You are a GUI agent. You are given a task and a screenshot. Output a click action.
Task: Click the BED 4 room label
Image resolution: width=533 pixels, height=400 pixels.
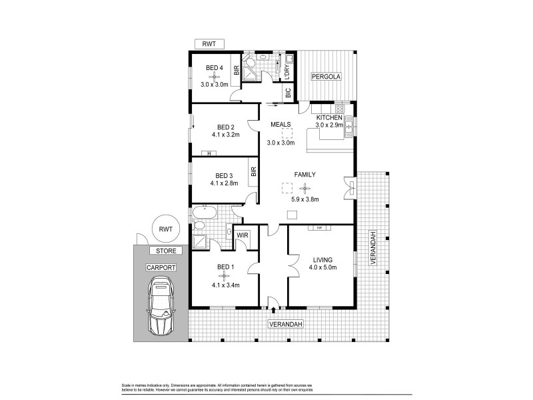pyautogui.click(x=215, y=67)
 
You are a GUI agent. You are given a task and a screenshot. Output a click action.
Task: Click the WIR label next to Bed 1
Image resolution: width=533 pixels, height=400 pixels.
pyautogui.click(x=243, y=235)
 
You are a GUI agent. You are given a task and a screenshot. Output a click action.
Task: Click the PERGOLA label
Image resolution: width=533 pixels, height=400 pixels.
pyautogui.click(x=326, y=77)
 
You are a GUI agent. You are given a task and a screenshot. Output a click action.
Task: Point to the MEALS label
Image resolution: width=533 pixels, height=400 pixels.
pyautogui.click(x=280, y=125)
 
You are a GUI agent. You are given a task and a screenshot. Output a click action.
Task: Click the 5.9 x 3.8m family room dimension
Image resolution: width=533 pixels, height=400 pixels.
pyautogui.click(x=304, y=199)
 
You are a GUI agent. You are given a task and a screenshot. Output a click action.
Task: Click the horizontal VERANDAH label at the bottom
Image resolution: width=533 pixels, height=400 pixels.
pyautogui.click(x=286, y=324)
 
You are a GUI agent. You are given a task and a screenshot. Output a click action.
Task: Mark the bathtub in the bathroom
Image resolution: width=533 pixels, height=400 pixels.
pyautogui.click(x=203, y=213)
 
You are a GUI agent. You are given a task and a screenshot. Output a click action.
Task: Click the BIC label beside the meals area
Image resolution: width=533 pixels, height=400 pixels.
pyautogui.click(x=288, y=94)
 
